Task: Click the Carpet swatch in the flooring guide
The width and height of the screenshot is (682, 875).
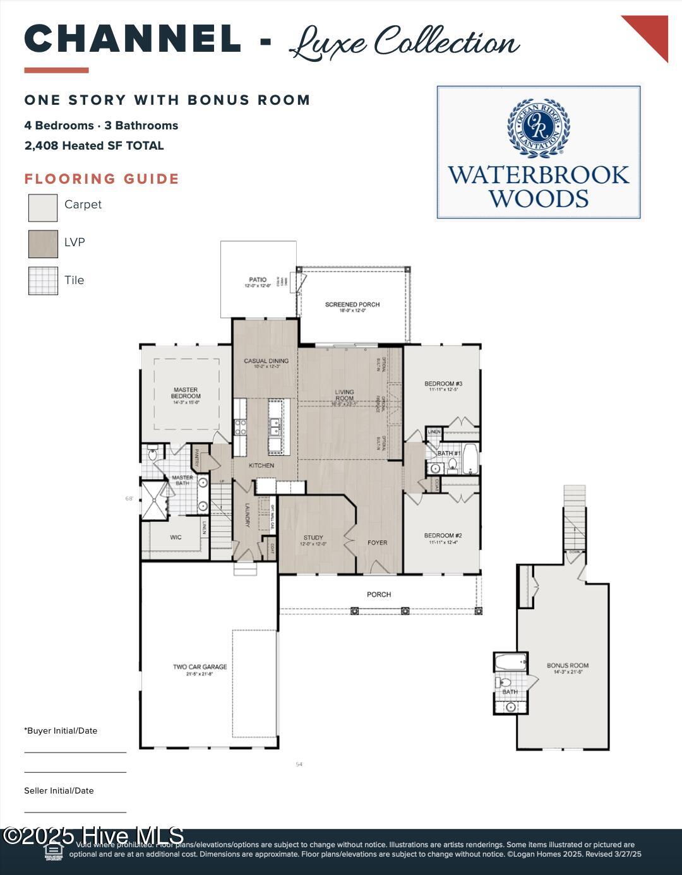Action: click(43, 208)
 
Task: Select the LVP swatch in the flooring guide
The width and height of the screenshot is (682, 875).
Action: click(43, 244)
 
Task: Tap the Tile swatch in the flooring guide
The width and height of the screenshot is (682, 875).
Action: click(43, 281)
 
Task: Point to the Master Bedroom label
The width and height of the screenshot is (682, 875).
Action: click(186, 393)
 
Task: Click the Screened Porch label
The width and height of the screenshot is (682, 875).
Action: click(352, 305)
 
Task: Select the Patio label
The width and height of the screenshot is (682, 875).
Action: click(258, 280)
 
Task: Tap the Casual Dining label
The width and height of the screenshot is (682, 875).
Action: click(266, 362)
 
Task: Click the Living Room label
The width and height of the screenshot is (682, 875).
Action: click(344, 395)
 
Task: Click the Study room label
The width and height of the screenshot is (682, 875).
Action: click(313, 539)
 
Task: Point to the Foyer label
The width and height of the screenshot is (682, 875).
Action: click(378, 543)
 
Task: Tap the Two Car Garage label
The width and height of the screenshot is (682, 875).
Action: click(200, 667)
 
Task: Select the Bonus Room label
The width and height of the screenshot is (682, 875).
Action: click(567, 666)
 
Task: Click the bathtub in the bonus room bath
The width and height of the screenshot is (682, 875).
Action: click(510, 664)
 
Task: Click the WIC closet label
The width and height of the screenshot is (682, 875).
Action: click(176, 538)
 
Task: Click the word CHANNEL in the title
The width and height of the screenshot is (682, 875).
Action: click(133, 39)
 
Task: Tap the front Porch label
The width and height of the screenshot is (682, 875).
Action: click(379, 595)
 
